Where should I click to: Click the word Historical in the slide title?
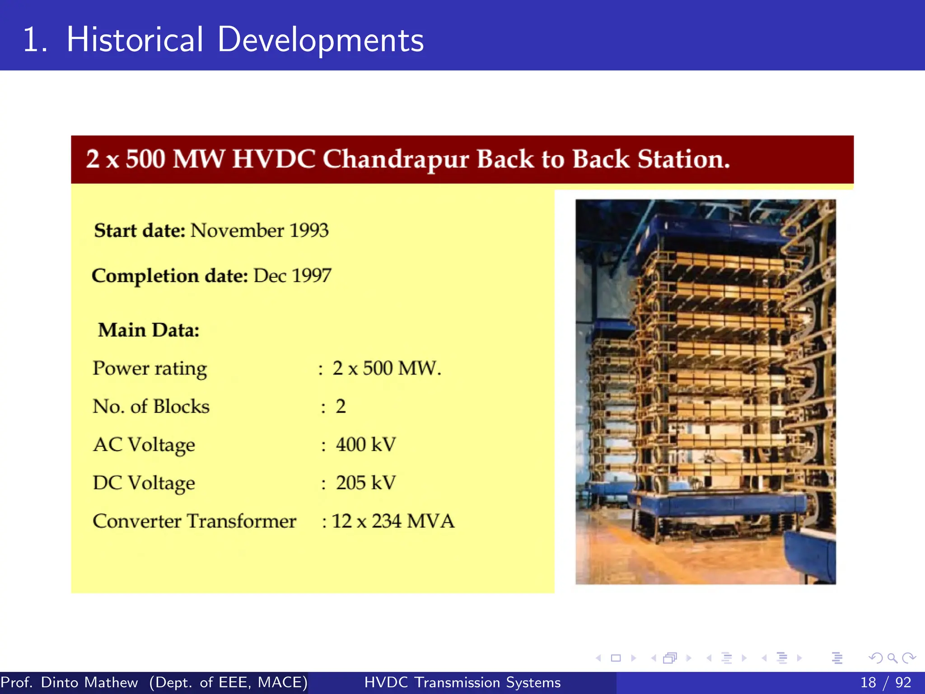135,40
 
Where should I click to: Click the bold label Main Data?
149,330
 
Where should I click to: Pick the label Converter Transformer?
194,521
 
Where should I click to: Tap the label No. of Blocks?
151,407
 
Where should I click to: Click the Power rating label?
149,369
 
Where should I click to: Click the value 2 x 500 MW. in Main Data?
387,368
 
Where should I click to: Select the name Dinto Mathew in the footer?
89,682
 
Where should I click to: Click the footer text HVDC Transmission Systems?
462,682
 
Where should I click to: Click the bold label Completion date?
170,276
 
